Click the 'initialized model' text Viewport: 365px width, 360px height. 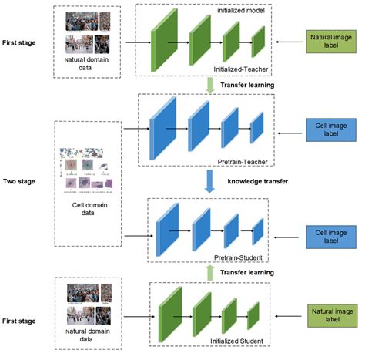point(241,11)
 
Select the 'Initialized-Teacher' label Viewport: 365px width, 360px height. point(241,69)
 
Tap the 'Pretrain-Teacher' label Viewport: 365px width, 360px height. point(243,162)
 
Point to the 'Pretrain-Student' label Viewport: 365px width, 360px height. point(238,257)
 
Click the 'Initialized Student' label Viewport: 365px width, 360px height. point(236,341)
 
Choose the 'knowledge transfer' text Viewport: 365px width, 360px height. point(258,181)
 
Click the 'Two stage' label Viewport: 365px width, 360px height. point(19,181)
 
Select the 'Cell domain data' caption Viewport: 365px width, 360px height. point(89,209)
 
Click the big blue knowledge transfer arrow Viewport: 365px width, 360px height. point(209,181)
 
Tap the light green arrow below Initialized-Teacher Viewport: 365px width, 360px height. point(210,85)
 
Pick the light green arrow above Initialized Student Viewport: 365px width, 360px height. point(210,273)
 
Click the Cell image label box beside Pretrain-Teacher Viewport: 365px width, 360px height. point(331,130)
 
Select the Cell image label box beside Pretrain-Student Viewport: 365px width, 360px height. point(331,237)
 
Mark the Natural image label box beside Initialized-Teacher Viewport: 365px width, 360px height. point(331,42)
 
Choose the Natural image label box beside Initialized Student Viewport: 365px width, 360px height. point(333,315)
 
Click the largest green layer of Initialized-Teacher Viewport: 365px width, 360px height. point(164,40)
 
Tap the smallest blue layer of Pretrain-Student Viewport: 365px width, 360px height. point(258,231)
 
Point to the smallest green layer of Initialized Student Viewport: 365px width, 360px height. point(253,316)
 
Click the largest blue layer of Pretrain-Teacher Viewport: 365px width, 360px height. point(163,129)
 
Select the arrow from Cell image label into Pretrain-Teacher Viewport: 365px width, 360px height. point(290,133)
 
